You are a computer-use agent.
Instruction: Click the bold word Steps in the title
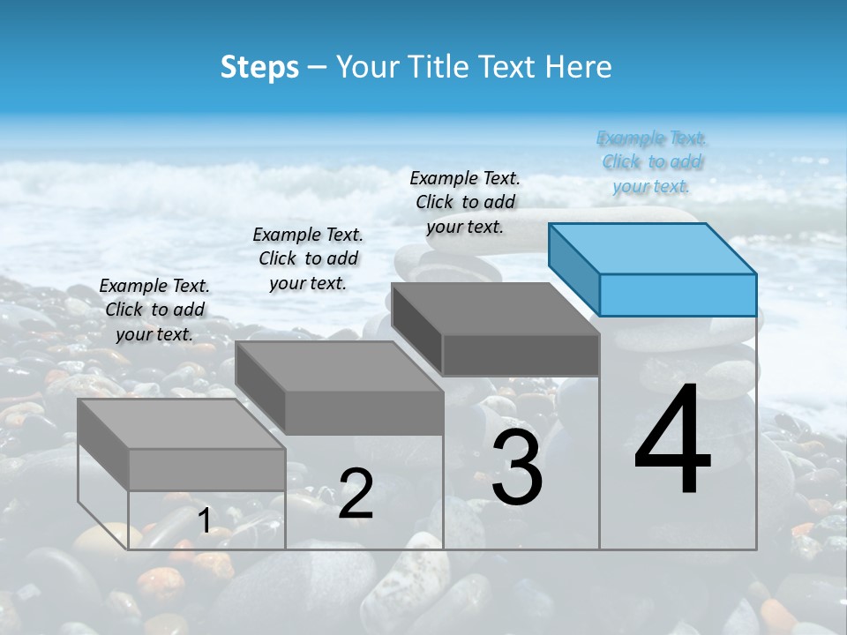tap(259, 67)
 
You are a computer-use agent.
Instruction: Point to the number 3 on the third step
tap(517, 468)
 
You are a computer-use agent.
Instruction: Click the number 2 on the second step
tap(356, 494)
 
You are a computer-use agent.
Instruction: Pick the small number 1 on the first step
tap(204, 520)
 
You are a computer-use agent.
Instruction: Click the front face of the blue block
tap(678, 295)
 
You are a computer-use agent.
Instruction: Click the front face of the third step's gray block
tap(521, 355)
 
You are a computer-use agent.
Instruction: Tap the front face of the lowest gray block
tap(206, 469)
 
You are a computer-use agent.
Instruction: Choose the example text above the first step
tap(154, 310)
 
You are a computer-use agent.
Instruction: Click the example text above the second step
tap(308, 258)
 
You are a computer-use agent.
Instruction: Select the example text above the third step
tap(465, 202)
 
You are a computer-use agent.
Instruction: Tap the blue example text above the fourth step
tap(651, 161)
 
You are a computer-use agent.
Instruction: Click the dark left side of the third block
tap(416, 328)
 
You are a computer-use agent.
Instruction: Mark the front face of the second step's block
tap(364, 413)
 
